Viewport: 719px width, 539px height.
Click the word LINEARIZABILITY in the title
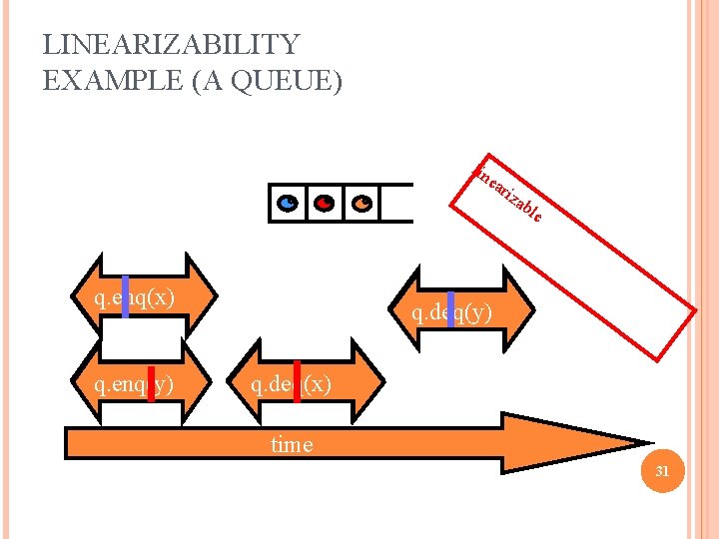[x=171, y=45]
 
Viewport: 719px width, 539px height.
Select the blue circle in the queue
[x=287, y=203]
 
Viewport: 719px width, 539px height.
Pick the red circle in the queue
[x=324, y=203]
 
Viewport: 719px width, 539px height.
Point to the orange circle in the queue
[x=362, y=203]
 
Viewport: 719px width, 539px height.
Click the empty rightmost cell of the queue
[x=397, y=203]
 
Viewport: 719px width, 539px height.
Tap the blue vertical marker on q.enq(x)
[x=126, y=296]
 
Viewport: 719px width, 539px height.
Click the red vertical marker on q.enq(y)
[x=151, y=382]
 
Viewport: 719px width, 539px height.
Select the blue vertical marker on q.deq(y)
[x=451, y=310]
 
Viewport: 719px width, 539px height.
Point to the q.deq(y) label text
[x=451, y=313]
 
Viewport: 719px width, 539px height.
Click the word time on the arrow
[x=292, y=445]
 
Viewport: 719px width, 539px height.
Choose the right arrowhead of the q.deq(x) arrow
[x=370, y=383]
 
